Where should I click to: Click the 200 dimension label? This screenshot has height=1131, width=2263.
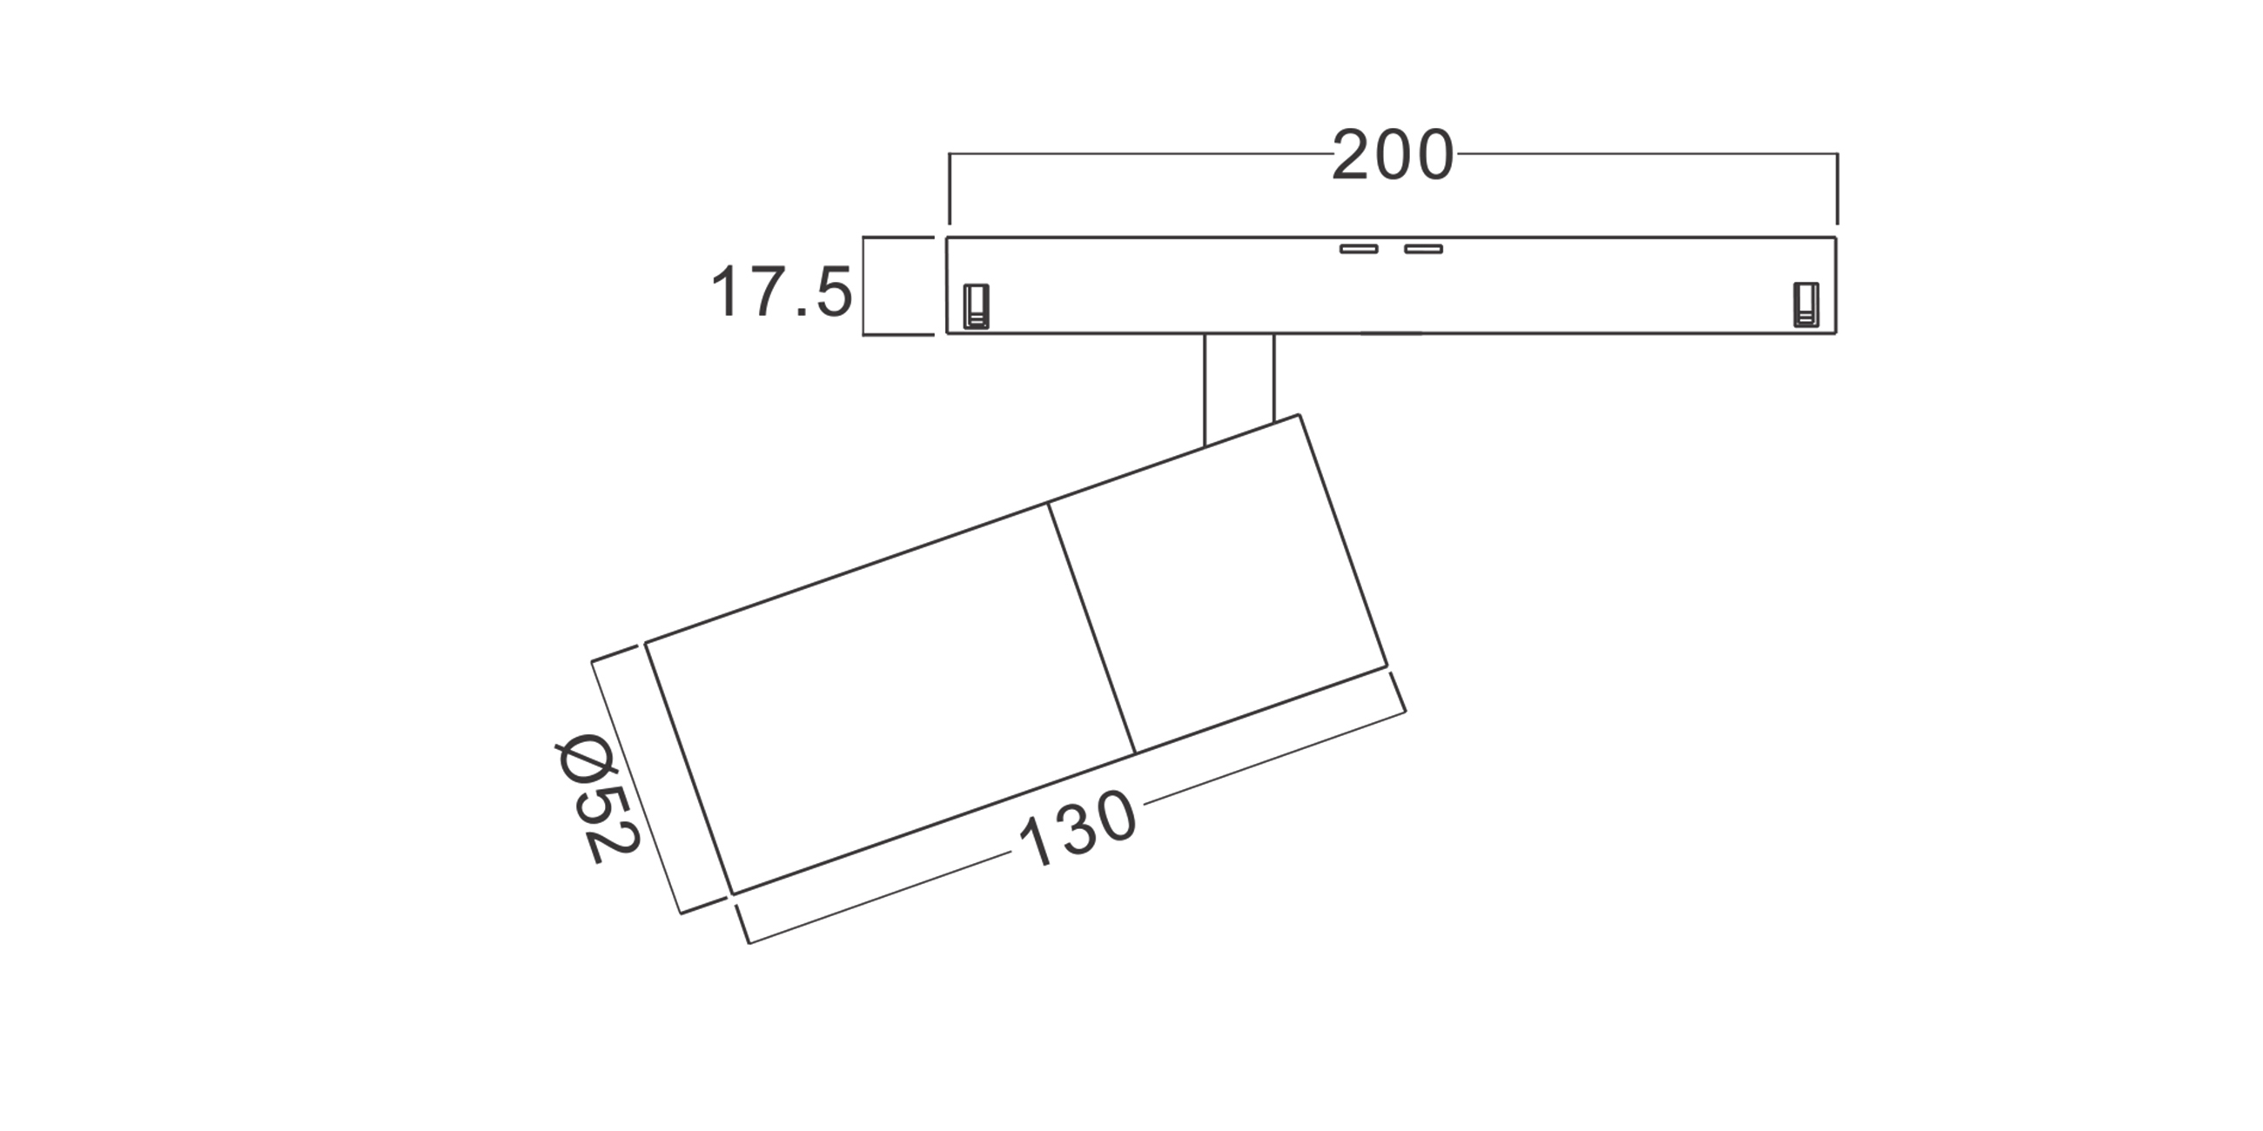pyautogui.click(x=1393, y=157)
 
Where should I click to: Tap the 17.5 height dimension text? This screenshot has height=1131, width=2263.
pyautogui.click(x=781, y=292)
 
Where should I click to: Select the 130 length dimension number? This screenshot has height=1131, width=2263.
pyautogui.click(x=1078, y=829)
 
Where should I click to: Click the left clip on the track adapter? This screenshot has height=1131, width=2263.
pyautogui.click(x=976, y=305)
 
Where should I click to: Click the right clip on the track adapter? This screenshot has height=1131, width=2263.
pyautogui.click(x=1806, y=304)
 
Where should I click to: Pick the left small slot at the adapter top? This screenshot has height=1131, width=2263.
pyautogui.click(x=1358, y=250)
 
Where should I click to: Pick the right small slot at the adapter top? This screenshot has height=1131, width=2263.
pyautogui.click(x=1423, y=250)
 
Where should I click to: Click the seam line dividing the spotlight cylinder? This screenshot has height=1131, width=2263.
pyautogui.click(x=1092, y=629)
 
